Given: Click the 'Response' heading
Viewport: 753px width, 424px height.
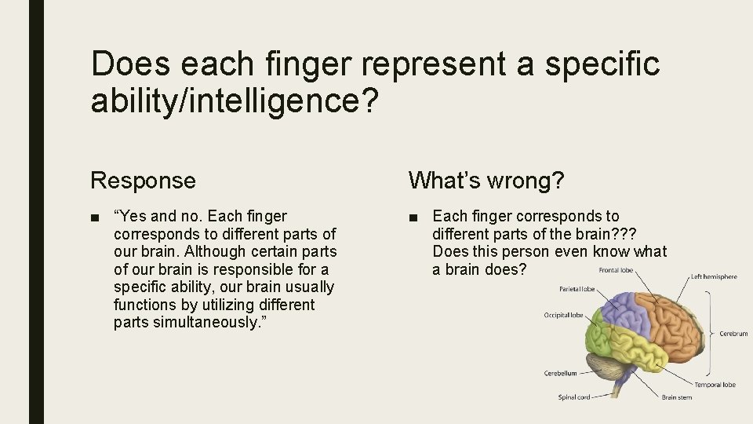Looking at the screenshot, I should coord(143,181).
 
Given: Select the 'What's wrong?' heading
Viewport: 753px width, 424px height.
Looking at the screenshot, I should coord(486,181).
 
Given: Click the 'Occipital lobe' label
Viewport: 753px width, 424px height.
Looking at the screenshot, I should coord(564,316).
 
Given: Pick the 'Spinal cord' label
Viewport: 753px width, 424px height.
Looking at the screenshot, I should coord(574,397).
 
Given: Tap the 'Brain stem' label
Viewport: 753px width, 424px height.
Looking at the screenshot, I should coord(677,397).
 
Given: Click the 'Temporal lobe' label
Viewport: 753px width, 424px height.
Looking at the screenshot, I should coord(715,385).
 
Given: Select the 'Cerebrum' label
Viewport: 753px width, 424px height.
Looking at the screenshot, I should coord(733,334).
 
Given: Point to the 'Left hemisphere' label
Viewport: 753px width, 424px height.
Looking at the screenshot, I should coord(714,277).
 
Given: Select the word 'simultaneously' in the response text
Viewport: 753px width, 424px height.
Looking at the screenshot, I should coord(207,323).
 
